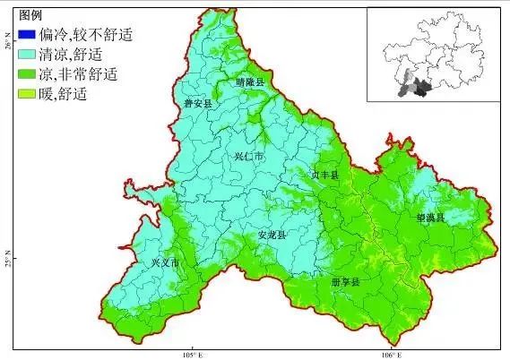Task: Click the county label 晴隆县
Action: click(251, 81)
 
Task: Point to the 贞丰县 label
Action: click(324, 176)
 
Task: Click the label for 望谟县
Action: click(429, 217)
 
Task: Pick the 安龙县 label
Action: click(271, 235)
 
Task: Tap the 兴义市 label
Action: click(165, 263)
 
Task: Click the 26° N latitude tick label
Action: click(7, 41)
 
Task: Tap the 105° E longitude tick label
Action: click(192, 353)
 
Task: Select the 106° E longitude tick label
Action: click(389, 353)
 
